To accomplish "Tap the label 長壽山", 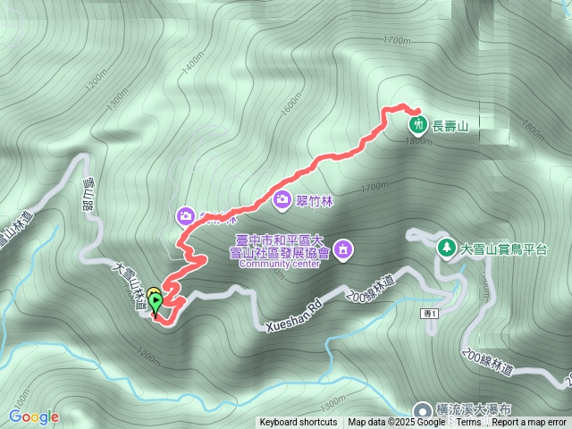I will tap(450, 126).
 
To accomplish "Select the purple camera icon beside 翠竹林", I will tap(283, 199).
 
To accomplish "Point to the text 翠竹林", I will tap(315, 199).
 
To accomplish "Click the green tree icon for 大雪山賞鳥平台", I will tap(444, 246).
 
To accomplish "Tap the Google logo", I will tap(34, 416).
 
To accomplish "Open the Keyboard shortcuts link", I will tap(299, 423).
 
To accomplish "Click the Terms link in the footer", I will tap(468, 423).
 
